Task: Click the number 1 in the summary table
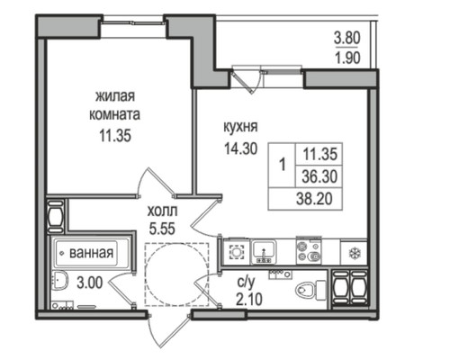(283, 165)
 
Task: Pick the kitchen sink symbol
(265, 248)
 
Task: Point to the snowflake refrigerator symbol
(353, 248)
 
